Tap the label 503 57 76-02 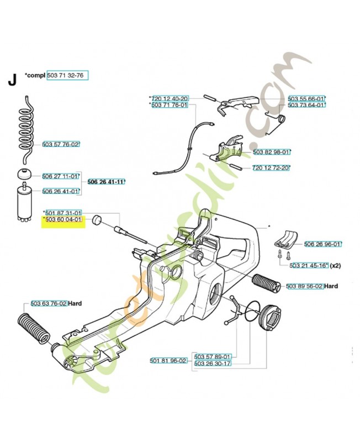pyautogui.click(x=61, y=144)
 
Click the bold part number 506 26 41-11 pyautogui.click(x=106, y=182)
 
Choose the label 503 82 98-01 pyautogui.click(x=272, y=151)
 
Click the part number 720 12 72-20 pyautogui.click(x=271, y=167)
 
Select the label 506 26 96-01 pyautogui.click(x=322, y=243)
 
